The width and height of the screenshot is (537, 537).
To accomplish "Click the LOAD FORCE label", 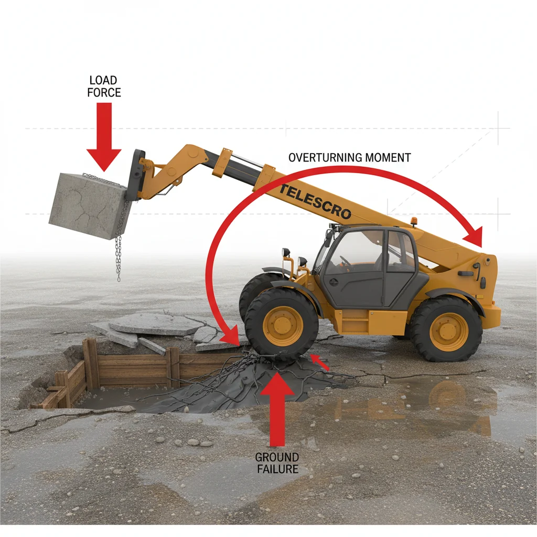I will (x=104, y=87).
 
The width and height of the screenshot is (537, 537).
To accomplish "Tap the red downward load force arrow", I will (x=104, y=136).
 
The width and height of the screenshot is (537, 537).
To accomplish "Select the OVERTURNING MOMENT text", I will (x=349, y=157).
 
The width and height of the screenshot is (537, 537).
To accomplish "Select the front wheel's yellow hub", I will (x=283, y=326).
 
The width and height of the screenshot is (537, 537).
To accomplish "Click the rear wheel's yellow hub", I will (x=448, y=331).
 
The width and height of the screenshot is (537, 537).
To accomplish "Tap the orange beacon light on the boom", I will (x=414, y=221).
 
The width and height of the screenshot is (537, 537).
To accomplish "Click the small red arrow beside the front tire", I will (x=319, y=362).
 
